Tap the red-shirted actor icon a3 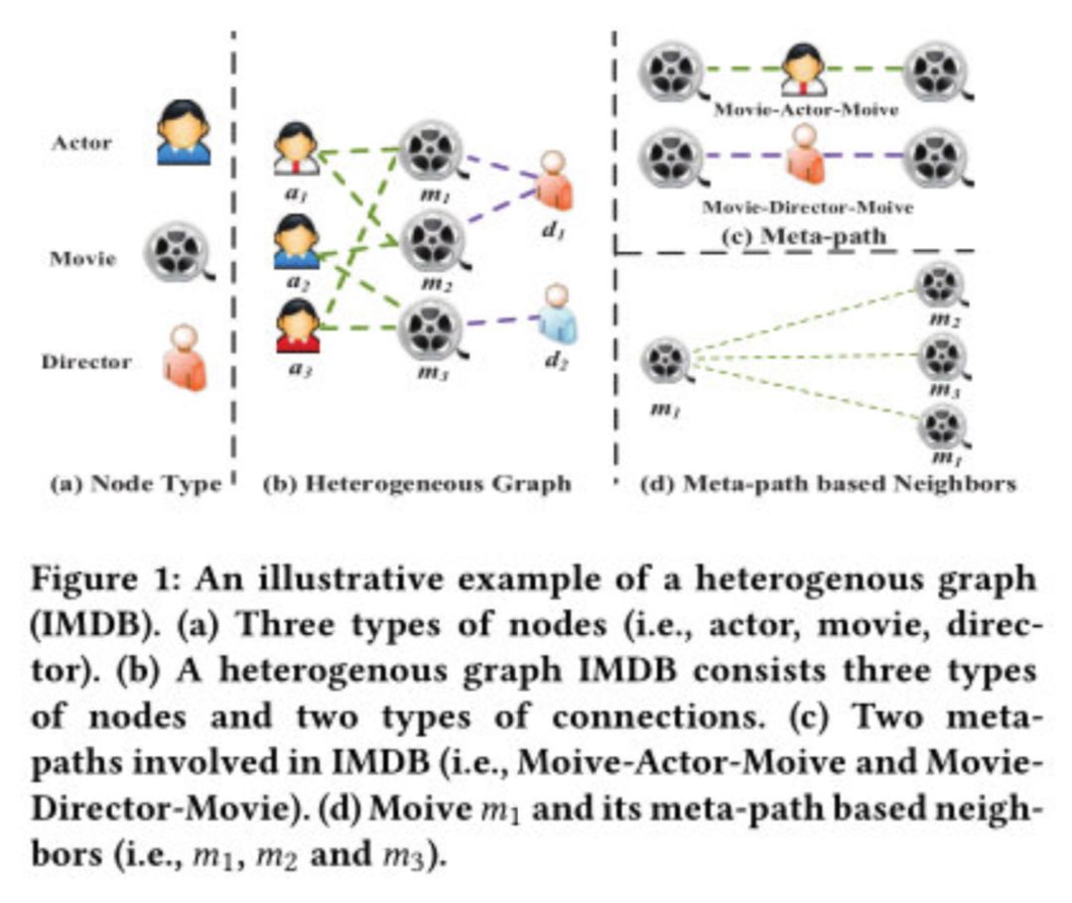(x=295, y=327)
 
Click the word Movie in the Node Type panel (x=83, y=260)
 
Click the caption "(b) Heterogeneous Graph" (x=417, y=484)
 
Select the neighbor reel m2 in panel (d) (x=937, y=285)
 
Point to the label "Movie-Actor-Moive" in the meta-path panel (x=806, y=109)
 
